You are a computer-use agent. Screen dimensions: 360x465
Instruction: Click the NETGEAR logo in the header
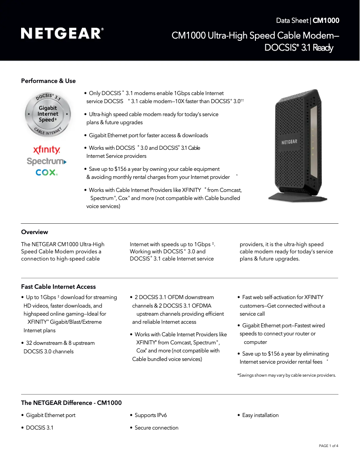[x=62, y=33]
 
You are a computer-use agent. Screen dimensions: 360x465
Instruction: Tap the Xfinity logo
[x=47, y=150]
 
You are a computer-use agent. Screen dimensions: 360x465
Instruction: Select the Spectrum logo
[x=47, y=161]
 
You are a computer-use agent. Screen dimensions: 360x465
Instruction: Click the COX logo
[x=47, y=172]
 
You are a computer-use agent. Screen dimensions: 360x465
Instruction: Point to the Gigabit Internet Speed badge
[x=48, y=114]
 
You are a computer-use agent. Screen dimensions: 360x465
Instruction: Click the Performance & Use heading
[x=48, y=81]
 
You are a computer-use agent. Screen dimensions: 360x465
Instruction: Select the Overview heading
[x=35, y=232]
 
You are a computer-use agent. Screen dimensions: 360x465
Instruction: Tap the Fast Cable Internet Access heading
[x=58, y=287]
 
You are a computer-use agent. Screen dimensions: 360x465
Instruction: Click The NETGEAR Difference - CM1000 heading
[x=71, y=403]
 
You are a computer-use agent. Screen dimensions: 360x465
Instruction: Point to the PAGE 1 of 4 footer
[x=328, y=446]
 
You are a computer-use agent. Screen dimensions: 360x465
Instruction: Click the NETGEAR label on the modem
[x=289, y=142]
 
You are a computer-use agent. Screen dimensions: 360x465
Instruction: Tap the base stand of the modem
[x=294, y=196]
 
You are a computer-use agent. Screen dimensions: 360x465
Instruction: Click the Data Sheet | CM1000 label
[x=307, y=21]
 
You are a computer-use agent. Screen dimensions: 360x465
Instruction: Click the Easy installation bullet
[x=260, y=416]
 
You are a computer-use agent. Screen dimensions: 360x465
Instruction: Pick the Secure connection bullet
[x=156, y=428]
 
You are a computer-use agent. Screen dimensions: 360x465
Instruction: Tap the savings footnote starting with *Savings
[x=286, y=375]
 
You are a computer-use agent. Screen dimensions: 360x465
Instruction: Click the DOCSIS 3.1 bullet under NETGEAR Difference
[x=39, y=428]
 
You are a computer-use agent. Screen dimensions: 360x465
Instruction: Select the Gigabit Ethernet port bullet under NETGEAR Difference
[x=50, y=416]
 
